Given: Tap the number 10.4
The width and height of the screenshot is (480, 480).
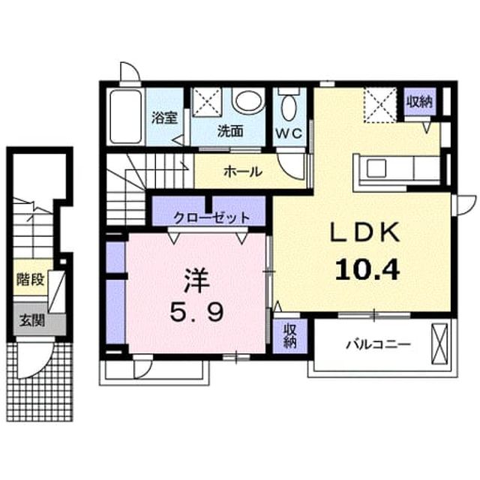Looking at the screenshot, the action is click(367, 269).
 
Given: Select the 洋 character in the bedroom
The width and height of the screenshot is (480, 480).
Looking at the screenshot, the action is click(196, 281).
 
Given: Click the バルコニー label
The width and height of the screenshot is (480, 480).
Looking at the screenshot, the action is click(378, 345).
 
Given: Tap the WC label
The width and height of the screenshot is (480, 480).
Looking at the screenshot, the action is click(289, 133).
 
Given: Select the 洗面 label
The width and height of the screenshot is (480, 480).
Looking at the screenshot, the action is click(230, 132).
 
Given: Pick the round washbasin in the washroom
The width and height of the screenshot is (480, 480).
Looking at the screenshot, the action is click(248, 101).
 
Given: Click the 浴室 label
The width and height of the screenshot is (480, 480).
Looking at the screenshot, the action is click(165, 118).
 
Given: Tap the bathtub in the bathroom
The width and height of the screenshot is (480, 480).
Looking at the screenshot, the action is click(125, 116).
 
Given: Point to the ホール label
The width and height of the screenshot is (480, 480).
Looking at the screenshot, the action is click(243, 172).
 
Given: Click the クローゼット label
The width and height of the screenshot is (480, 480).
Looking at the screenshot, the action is click(211, 218).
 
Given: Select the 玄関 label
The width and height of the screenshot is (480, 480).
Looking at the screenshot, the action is click(32, 320).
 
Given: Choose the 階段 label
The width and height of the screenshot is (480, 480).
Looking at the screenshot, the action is click(31, 279).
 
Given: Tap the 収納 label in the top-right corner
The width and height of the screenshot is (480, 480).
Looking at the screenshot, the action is click(419, 102).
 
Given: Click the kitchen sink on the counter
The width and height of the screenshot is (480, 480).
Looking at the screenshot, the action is click(376, 169).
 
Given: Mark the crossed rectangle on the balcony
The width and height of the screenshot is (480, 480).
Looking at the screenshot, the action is click(439, 344).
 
